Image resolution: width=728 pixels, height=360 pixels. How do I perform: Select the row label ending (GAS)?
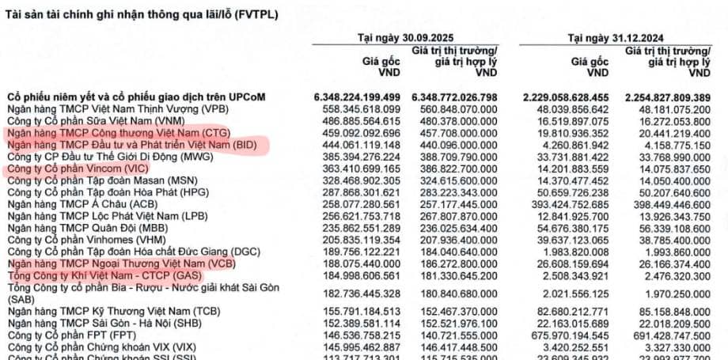point(103,275)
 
